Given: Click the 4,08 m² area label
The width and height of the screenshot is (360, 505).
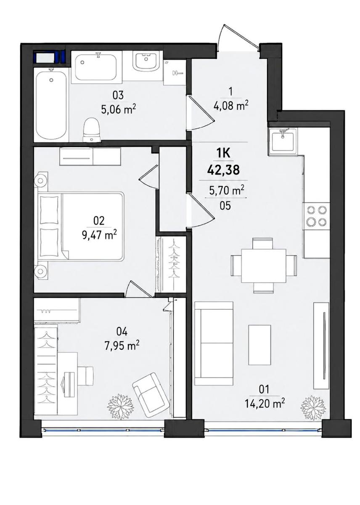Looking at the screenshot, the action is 231,106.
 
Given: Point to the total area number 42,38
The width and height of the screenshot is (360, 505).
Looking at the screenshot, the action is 223,170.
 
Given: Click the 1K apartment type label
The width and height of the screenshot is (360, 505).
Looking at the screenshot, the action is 223,154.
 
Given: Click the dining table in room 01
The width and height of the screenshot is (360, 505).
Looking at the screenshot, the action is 264,266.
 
